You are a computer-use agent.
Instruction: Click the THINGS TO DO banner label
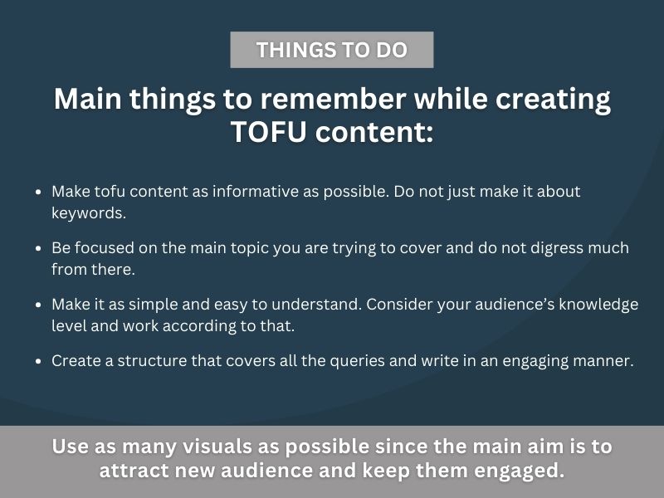331,50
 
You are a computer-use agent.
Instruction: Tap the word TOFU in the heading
268,131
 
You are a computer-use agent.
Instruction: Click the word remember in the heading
333,99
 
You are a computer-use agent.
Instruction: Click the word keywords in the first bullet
89,213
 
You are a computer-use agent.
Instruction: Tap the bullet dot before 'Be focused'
38,248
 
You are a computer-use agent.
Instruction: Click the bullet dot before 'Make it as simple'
38,305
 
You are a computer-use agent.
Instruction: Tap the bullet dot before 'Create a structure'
38,361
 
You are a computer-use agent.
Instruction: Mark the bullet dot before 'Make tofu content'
38,192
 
